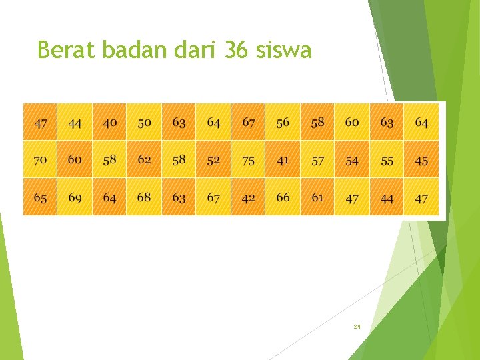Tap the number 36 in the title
pos(235,50)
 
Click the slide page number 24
pos(357,327)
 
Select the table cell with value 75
pos(248,160)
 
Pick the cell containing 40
pos(110,123)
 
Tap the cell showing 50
pos(145,123)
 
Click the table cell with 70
pos(40,160)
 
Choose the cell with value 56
pos(283,123)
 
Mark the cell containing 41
pos(283,160)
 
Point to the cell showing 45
pos(421,160)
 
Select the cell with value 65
pos(40,198)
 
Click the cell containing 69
pos(75,198)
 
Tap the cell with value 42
pos(248,198)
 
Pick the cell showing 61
pos(317,198)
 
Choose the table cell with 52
pos(213,160)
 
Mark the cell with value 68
pos(145,198)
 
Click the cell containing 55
pos(387,160)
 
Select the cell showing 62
pos(145,160)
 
